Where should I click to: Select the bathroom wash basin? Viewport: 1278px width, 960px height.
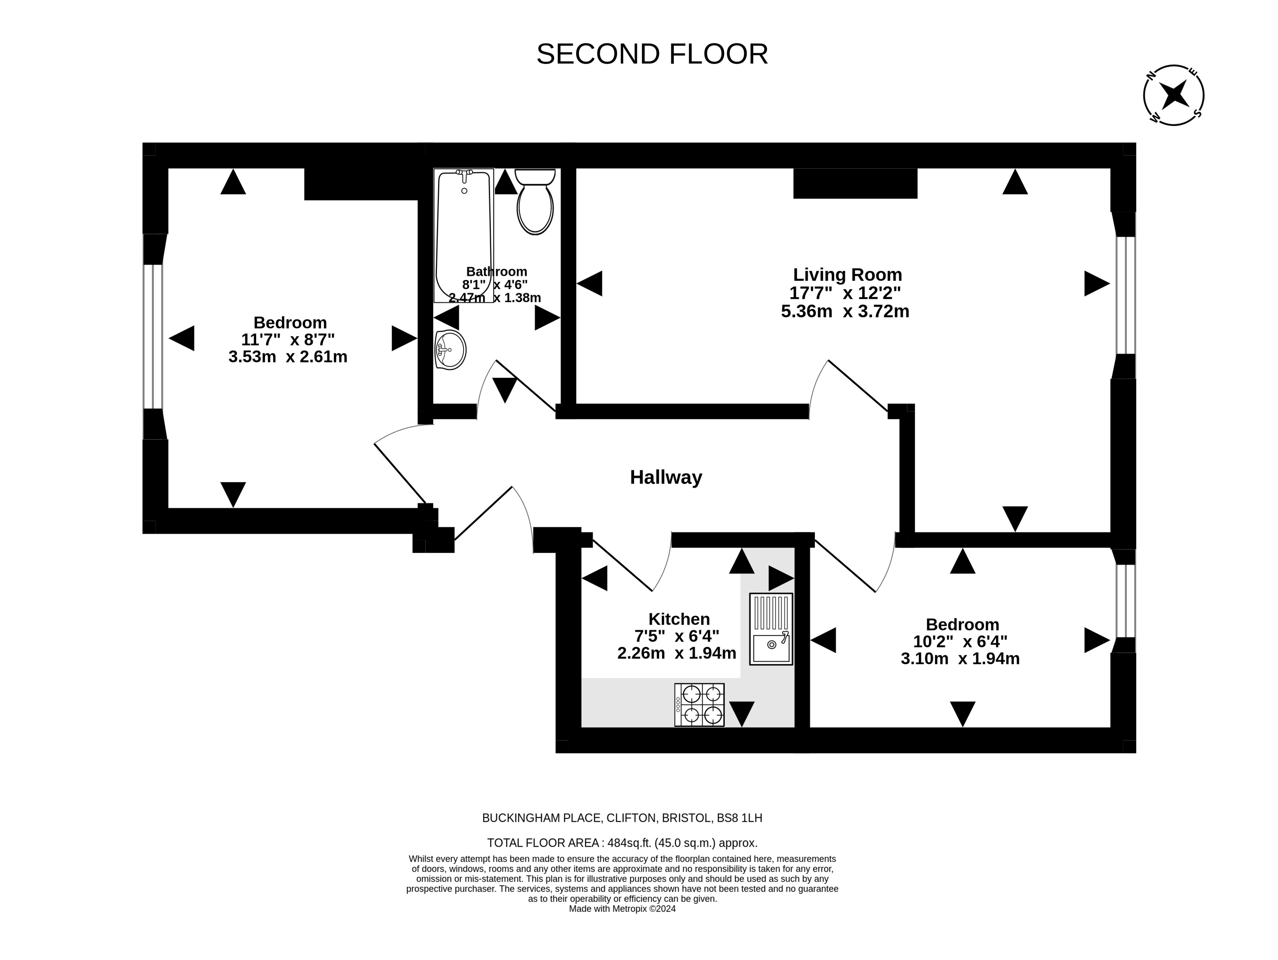click(x=450, y=350)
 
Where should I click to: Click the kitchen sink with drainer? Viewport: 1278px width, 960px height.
click(x=771, y=629)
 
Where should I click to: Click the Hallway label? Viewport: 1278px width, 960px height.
click(x=666, y=477)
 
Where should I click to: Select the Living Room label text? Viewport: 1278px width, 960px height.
click(x=848, y=275)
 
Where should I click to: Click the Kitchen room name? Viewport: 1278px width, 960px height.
click(x=679, y=619)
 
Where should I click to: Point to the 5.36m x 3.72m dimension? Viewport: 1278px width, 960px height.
click(x=845, y=311)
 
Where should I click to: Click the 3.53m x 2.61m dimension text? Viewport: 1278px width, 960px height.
click(x=288, y=357)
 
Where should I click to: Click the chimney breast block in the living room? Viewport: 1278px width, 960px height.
click(x=855, y=183)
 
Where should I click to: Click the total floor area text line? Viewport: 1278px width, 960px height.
click(x=622, y=843)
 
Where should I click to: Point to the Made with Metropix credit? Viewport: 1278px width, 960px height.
click(x=622, y=909)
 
